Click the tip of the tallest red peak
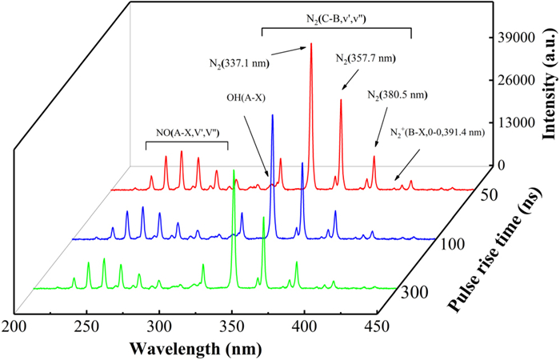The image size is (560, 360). click(311, 44)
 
